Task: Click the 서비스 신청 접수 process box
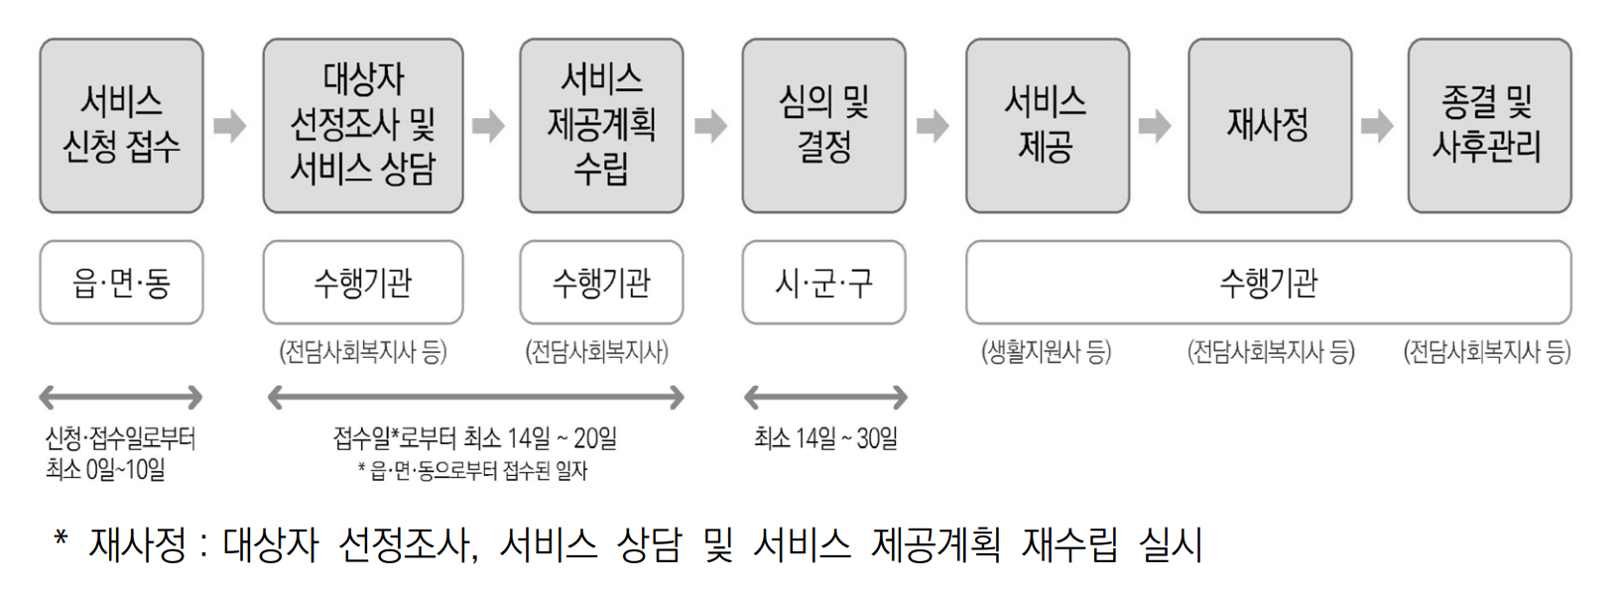121,126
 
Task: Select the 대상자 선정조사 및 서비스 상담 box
363,126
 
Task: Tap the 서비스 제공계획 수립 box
601,126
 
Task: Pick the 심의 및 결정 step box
823,126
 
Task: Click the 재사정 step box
1269,126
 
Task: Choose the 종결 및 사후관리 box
1489,126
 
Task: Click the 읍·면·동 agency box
121,283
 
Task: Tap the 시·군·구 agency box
823,283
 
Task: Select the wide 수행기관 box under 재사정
1268,283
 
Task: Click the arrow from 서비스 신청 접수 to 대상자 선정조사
230,126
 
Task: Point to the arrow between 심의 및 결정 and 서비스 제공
933,126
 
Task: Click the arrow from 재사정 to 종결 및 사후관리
1377,126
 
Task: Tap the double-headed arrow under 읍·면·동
121,398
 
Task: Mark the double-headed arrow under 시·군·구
825,398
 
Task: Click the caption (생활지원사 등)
1046,351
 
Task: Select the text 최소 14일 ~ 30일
825,438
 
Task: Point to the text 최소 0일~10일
105,469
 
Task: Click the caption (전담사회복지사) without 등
597,351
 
